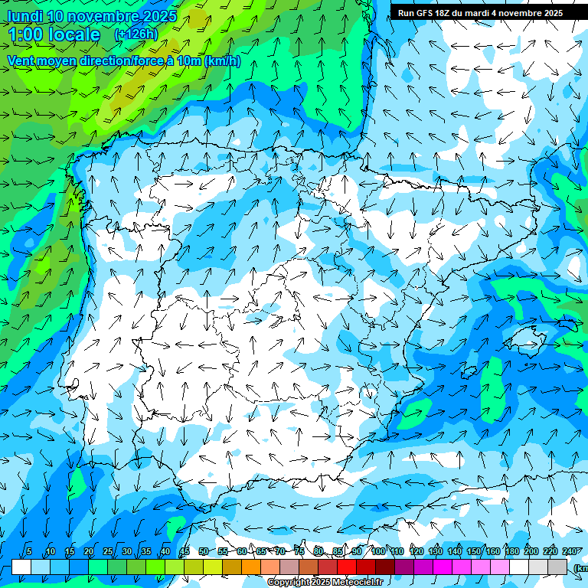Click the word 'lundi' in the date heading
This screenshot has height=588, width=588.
[24, 16]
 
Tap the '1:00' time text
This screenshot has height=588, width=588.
[30, 34]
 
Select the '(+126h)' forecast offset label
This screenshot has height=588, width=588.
[136, 34]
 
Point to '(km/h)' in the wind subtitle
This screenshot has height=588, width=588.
[223, 60]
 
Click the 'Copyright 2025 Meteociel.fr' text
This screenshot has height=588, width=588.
[325, 583]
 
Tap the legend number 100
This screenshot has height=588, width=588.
[378, 551]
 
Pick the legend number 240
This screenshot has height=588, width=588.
[570, 551]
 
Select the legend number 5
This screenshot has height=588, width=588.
[29, 551]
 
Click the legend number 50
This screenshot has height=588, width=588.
[203, 551]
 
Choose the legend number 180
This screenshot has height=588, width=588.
[511, 551]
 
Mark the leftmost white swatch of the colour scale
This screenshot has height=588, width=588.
[21, 567]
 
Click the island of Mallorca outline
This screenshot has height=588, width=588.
[529, 338]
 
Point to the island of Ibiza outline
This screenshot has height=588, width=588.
[465, 373]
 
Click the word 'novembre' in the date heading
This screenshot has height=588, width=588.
[109, 16]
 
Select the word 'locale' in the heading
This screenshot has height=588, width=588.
[73, 34]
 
